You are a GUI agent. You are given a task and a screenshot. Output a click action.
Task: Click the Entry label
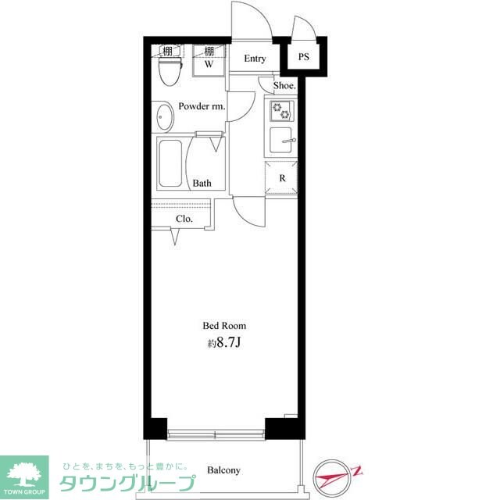[255, 59]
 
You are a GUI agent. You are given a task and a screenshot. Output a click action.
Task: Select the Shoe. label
[284, 86]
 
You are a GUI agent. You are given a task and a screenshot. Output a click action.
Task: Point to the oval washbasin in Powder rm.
[163, 119]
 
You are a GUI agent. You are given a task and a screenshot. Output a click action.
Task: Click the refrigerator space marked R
[281, 178]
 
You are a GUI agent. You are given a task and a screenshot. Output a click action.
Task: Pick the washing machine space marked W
[209, 65]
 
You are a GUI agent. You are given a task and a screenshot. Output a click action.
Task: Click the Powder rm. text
[202, 106]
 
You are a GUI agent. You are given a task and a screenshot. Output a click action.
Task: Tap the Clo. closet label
[184, 219]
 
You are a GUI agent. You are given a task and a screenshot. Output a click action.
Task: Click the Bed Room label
[224, 326]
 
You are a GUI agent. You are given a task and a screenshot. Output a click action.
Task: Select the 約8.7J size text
[224, 341]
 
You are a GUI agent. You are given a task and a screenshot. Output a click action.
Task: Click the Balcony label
[223, 470]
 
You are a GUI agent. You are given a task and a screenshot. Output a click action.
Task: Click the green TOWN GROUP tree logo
[23, 474]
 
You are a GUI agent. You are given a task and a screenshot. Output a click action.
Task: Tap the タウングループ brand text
[124, 484]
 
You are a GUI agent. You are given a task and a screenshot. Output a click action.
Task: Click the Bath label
[202, 184]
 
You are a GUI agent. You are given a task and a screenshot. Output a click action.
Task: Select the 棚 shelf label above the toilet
[167, 52]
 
